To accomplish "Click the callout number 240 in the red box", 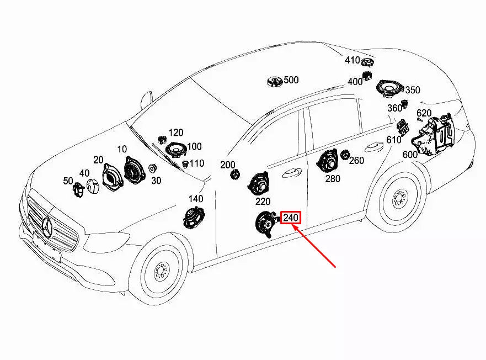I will pos(291,218).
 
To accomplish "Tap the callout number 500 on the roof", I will pos(291,80).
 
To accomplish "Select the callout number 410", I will pos(353,60).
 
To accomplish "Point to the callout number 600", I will pos(410,155).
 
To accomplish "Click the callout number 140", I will pos(196,199).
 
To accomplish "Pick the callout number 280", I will pos(333,178).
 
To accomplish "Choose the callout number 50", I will pos(68,181).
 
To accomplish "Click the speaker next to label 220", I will pos(258,184).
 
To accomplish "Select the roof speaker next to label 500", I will pos(274,82).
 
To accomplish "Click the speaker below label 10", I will pos(132,170).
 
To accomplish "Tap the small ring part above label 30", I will pos(153,168).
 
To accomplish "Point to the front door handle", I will pos(291,172).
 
